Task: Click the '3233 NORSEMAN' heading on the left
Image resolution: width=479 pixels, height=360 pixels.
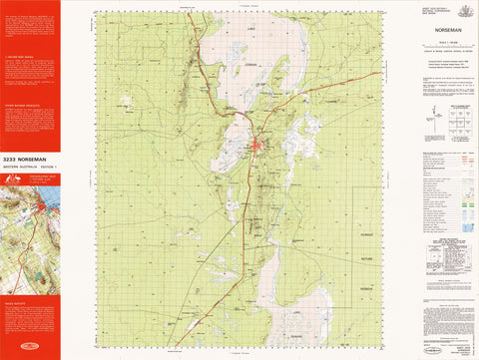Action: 30,159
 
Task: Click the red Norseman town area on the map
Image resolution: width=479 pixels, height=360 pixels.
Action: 258,149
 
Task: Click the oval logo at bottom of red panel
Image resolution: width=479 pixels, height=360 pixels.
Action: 30,348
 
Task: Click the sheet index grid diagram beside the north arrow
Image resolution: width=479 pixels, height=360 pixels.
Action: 457,120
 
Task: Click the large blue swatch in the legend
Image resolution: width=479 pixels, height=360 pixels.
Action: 466,227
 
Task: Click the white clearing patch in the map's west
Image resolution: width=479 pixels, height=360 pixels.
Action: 124,102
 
